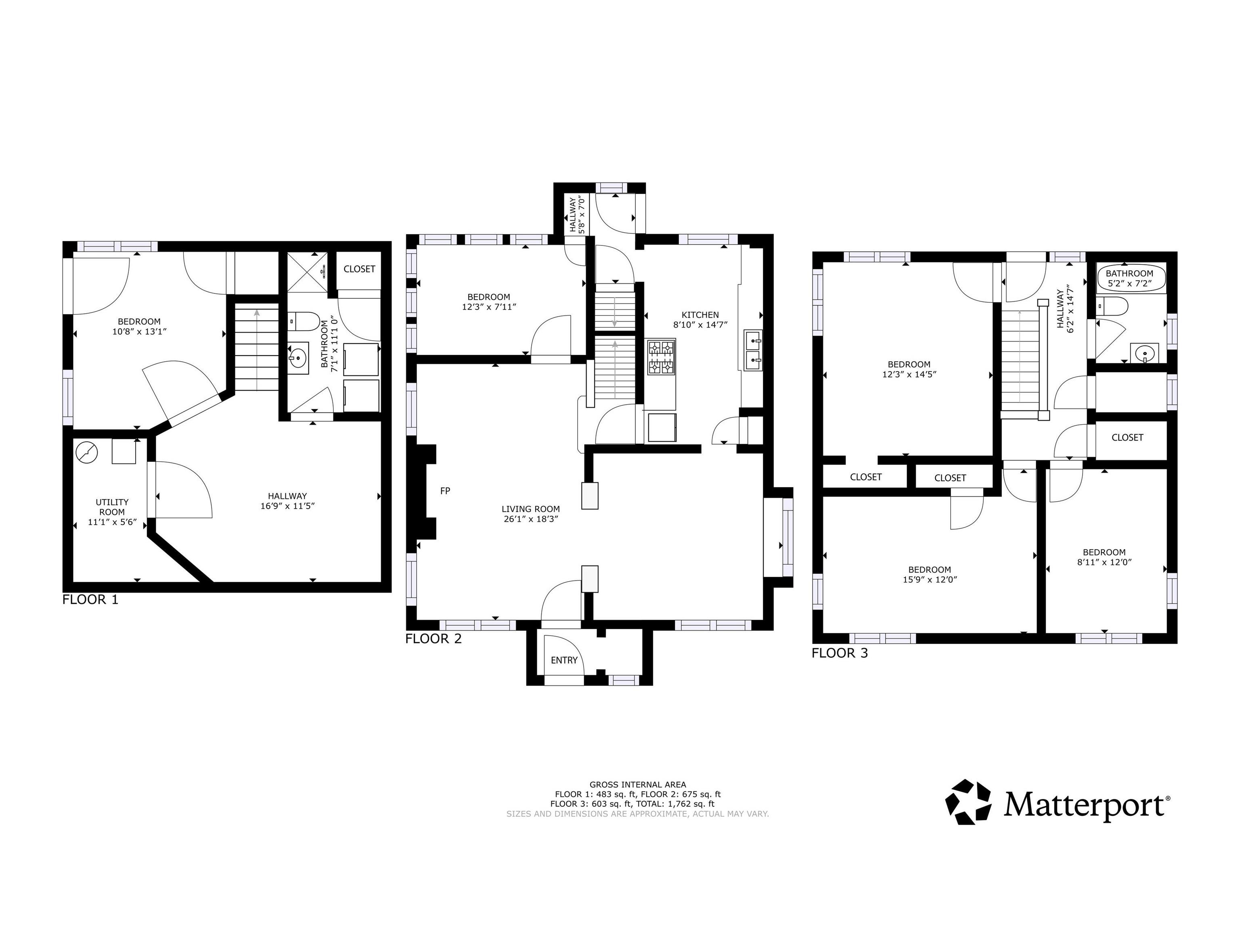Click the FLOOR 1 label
pyautogui.click(x=90, y=599)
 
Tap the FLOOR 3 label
pyautogui.click(x=840, y=653)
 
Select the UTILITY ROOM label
pyautogui.click(x=112, y=507)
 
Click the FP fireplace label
pyautogui.click(x=445, y=490)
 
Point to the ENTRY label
pyautogui.click(x=564, y=660)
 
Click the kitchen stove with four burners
pyautogui.click(x=661, y=357)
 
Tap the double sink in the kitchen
pyautogui.click(x=753, y=350)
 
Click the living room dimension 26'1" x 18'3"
pyautogui.click(x=530, y=519)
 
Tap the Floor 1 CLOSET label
pyautogui.click(x=359, y=269)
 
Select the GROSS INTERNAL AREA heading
pyautogui.click(x=638, y=785)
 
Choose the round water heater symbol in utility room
pyautogui.click(x=87, y=451)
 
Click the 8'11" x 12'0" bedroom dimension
pyautogui.click(x=1104, y=562)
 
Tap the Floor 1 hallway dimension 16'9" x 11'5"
pyautogui.click(x=287, y=506)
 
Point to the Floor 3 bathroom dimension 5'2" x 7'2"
pyautogui.click(x=1129, y=284)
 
